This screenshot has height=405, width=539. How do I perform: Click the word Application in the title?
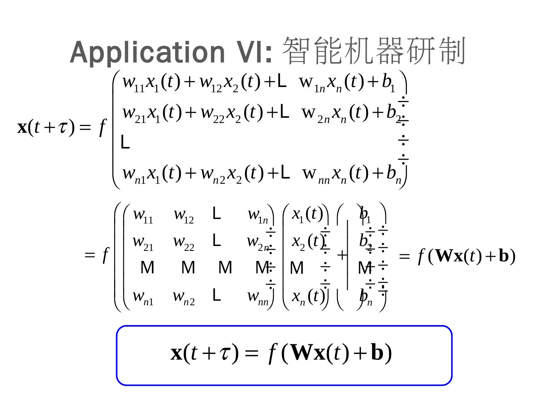147,52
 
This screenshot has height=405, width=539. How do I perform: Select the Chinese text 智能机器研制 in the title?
374,51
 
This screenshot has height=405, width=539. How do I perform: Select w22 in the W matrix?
183,242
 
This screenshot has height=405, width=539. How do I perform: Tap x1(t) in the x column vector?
307,215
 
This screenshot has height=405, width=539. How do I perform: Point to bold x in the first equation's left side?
22,127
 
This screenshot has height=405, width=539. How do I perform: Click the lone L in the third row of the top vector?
125,143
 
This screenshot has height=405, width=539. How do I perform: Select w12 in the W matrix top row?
183,215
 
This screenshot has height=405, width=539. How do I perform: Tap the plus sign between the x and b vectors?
342,255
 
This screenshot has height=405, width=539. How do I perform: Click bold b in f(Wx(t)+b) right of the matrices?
504,256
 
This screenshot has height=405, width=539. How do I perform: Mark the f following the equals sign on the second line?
105,255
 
